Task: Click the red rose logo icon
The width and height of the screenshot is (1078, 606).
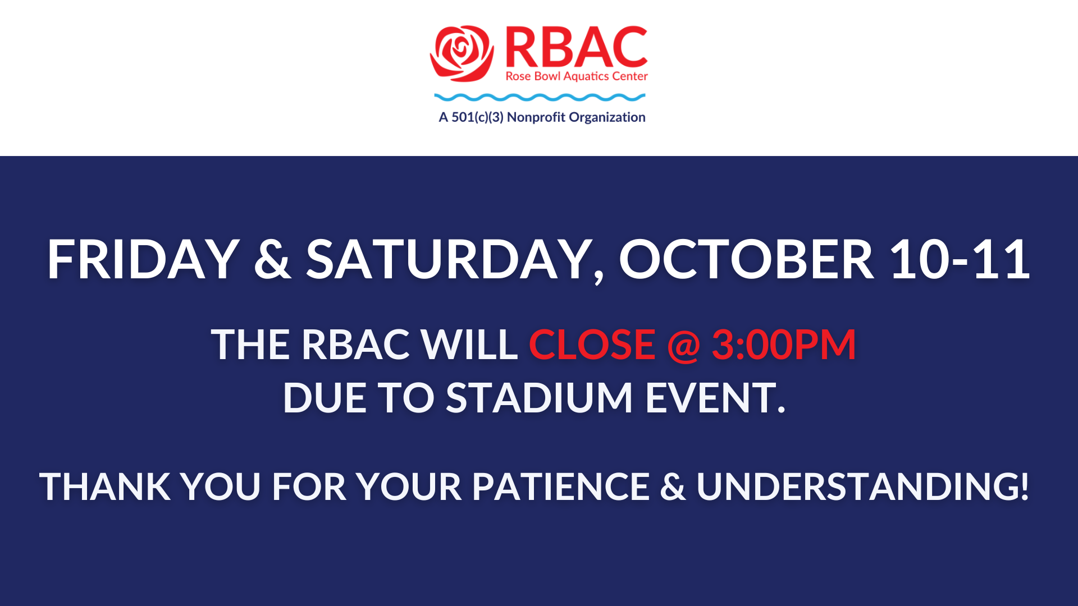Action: [462, 53]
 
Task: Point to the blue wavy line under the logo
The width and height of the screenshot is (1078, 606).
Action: [540, 98]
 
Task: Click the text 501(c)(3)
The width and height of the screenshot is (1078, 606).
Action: [477, 117]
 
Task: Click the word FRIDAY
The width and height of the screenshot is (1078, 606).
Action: [143, 259]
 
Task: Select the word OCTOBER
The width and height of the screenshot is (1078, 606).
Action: [746, 259]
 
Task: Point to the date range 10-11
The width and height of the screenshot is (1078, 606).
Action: [960, 259]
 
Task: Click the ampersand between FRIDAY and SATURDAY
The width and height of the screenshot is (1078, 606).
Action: [273, 259]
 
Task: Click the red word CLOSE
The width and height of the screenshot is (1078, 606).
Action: [592, 344]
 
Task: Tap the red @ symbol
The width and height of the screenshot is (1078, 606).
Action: [683, 345]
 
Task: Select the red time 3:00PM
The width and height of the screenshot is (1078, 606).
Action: [784, 344]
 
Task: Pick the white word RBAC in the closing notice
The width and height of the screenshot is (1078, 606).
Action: [355, 344]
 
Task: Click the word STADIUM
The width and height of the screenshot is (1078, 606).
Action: [540, 398]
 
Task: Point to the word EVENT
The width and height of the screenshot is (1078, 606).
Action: [715, 398]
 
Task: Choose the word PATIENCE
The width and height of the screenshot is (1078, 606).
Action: [560, 486]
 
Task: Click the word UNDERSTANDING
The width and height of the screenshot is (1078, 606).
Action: [862, 486]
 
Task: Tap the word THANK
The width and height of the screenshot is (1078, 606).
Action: [105, 486]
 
